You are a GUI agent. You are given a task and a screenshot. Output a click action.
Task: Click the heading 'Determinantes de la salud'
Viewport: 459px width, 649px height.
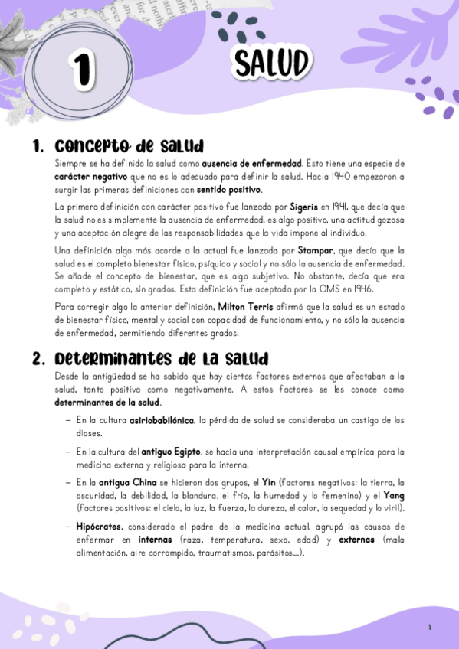coord(161,358)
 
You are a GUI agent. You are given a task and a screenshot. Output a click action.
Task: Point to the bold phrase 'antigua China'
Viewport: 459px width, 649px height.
coord(123,483)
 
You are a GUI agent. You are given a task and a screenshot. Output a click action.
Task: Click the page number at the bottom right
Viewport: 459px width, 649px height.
coord(430,628)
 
